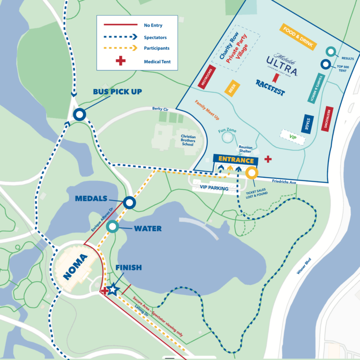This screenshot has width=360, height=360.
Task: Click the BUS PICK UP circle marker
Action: point(79,114)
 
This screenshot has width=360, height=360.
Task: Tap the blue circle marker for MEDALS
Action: point(129,202)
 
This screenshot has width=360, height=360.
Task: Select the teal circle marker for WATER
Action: point(112,227)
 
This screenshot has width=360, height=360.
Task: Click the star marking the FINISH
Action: point(113,289)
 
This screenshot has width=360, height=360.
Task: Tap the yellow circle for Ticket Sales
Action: point(252,173)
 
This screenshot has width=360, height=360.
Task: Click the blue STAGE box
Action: point(307,125)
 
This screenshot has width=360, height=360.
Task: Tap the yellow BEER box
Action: point(232,88)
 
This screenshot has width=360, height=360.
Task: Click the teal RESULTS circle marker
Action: point(330,52)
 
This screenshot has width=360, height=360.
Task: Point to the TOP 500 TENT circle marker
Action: point(325,64)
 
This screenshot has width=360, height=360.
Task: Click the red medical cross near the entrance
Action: point(268,159)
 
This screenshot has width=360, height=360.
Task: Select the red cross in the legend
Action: point(120,61)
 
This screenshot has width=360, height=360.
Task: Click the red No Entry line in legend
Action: point(120,25)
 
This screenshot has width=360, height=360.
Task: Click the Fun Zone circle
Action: point(227,137)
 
